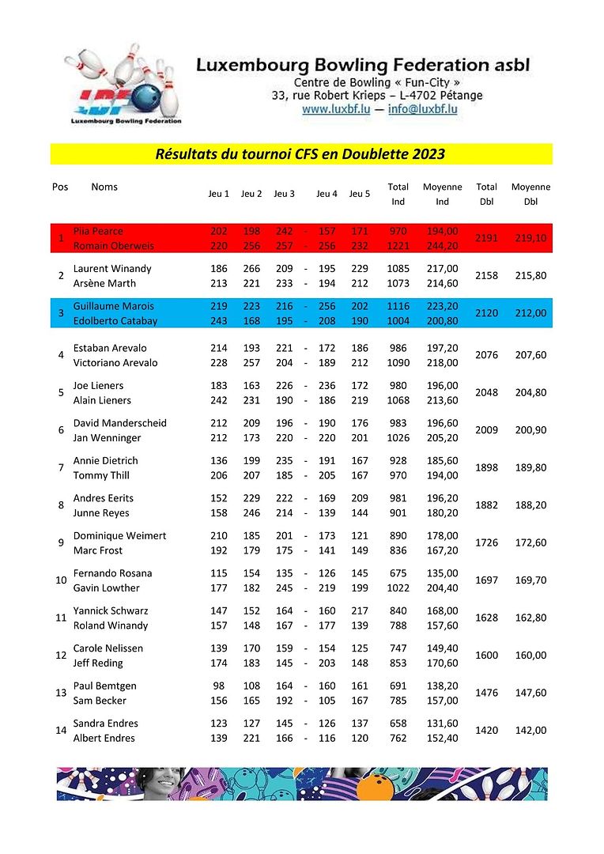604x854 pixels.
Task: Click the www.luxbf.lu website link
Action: pyautogui.click(x=336, y=110)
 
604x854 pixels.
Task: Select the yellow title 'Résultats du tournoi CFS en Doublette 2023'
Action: pyautogui.click(x=300, y=153)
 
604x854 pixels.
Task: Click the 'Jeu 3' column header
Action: pyautogui.click(x=284, y=194)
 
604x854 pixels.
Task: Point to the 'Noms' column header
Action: pyautogui.click(x=104, y=187)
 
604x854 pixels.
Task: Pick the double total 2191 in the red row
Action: pyautogui.click(x=487, y=238)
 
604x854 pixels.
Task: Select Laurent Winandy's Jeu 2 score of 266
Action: pyautogui.click(x=251, y=269)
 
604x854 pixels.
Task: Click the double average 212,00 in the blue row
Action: pyautogui.click(x=530, y=313)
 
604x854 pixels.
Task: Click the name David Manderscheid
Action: pyautogui.click(x=119, y=423)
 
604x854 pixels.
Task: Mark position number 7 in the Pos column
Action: pyautogui.click(x=61, y=468)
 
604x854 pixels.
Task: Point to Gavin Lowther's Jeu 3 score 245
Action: pyautogui.click(x=285, y=588)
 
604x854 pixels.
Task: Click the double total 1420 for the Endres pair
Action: pyautogui.click(x=487, y=731)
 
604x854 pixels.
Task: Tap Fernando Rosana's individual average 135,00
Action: pyautogui.click(x=442, y=573)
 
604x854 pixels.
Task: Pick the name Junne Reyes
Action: pyautogui.click(x=104, y=513)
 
